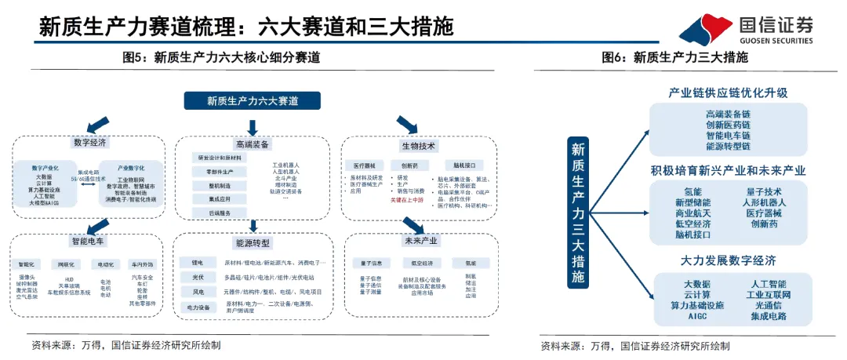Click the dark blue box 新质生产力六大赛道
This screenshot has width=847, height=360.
point(252,100)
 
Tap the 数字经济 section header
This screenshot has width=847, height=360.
point(89,143)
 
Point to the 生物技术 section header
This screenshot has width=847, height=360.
point(419,146)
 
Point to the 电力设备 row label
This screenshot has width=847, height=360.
point(197,307)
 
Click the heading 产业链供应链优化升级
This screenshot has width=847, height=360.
point(727,93)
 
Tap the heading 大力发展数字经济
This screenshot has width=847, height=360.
point(727,260)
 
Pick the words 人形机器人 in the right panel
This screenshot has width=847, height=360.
point(763,202)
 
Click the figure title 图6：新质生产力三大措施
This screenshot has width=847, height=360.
point(674,57)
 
